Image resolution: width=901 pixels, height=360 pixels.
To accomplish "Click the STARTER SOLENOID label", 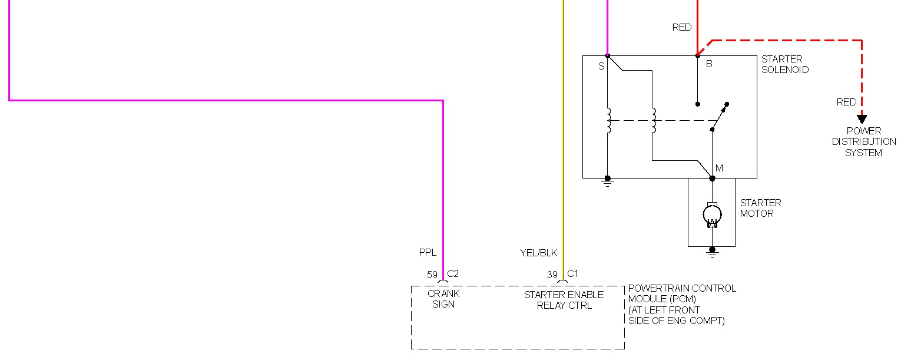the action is [784, 64].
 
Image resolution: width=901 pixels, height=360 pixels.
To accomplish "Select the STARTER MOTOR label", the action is [760, 208].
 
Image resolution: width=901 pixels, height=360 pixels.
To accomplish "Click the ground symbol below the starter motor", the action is [712, 252].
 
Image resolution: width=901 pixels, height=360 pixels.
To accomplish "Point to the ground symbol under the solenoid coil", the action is [608, 181].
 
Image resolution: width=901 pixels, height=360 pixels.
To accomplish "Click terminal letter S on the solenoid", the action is [601, 67].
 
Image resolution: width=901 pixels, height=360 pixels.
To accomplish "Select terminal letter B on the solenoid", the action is [709, 64].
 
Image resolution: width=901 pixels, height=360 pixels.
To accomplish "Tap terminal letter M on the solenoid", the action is [719, 169].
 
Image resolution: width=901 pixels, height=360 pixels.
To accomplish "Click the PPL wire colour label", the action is [428, 253].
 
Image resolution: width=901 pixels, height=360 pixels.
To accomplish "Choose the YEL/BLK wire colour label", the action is [538, 253].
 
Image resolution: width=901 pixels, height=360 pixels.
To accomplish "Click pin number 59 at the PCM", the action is [432, 275].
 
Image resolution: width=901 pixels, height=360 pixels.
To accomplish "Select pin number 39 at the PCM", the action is [552, 275].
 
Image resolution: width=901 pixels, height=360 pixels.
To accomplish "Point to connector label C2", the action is [453, 273].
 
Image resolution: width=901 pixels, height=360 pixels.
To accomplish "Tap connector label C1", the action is [573, 273].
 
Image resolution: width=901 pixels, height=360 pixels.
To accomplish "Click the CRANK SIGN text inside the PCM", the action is [443, 299].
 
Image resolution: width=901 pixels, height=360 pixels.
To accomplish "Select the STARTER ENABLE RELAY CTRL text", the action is [564, 300].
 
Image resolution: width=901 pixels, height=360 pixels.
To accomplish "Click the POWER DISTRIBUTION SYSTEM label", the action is [864, 142].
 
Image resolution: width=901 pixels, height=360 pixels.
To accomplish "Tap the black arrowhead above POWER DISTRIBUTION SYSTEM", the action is [862, 119].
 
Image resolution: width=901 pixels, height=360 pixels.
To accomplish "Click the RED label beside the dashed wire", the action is [847, 102].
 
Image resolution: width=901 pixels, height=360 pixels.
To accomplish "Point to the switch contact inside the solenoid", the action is [720, 116].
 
